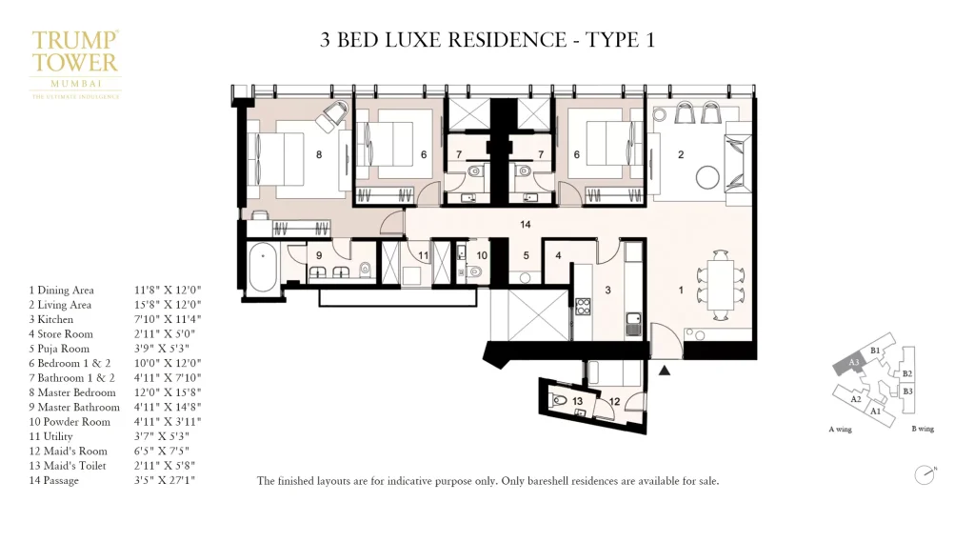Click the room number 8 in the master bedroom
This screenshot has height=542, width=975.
tap(319, 154)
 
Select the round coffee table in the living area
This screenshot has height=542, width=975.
tap(708, 178)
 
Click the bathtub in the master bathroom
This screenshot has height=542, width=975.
tap(262, 270)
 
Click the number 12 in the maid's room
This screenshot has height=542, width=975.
tap(615, 401)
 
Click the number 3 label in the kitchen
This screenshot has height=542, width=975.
tap(607, 288)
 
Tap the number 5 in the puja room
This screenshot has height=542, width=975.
tap(525, 255)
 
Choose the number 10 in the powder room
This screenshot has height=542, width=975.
tap(482, 255)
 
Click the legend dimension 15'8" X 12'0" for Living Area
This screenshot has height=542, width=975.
tap(169, 305)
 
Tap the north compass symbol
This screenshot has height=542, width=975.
tap(922, 473)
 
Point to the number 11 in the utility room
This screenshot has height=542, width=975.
tap(423, 255)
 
